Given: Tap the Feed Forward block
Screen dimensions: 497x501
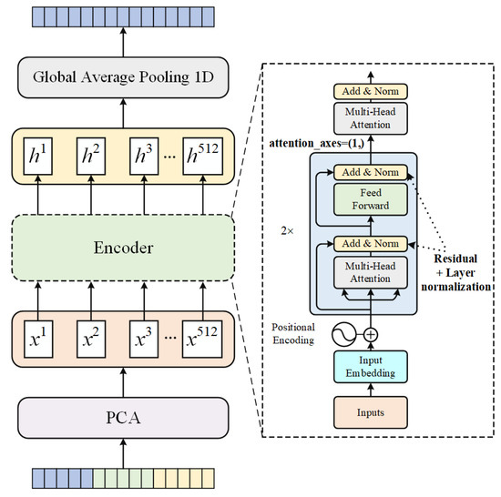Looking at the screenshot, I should pyautogui.click(x=370, y=199).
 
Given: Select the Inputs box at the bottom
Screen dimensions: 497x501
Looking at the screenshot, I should pyautogui.click(x=370, y=412).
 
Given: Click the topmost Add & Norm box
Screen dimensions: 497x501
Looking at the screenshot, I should pyautogui.click(x=370, y=91).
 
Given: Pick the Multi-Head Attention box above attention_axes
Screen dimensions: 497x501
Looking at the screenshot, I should pyautogui.click(x=370, y=116).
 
